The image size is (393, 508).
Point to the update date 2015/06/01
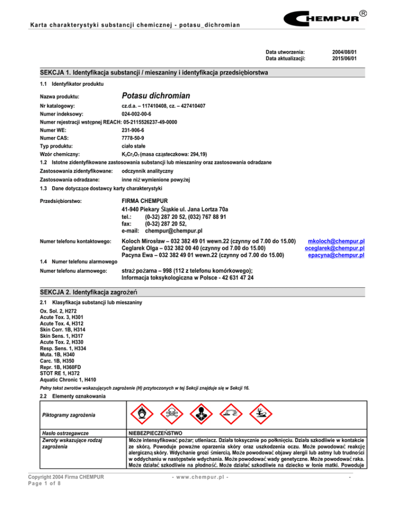[x=343, y=59]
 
